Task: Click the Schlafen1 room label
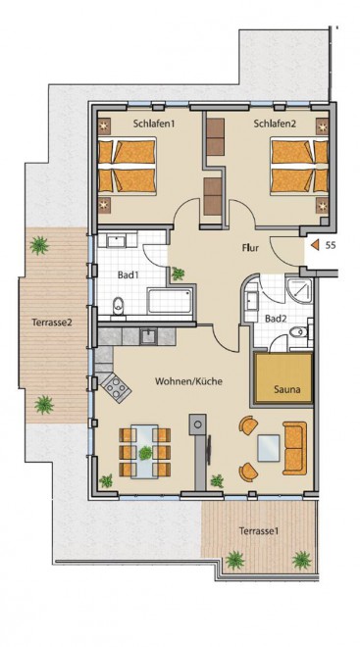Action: click(152, 123)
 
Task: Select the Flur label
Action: click(250, 249)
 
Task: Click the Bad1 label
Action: click(128, 274)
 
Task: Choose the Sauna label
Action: click(285, 389)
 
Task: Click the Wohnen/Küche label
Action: click(188, 381)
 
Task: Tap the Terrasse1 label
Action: click(259, 531)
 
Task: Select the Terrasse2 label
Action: click(52, 323)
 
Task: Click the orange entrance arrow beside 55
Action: click(315, 245)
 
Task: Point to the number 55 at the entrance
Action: click(331, 245)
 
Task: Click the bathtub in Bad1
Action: click(171, 300)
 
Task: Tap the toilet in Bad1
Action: click(119, 305)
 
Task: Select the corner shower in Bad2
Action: click(300, 291)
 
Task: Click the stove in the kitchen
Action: click(116, 388)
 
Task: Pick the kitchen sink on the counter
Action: click(148, 336)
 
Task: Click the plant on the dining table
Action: click(145, 453)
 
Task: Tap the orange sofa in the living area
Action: click(294, 448)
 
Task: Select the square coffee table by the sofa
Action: click(268, 448)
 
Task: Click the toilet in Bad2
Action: click(299, 331)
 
